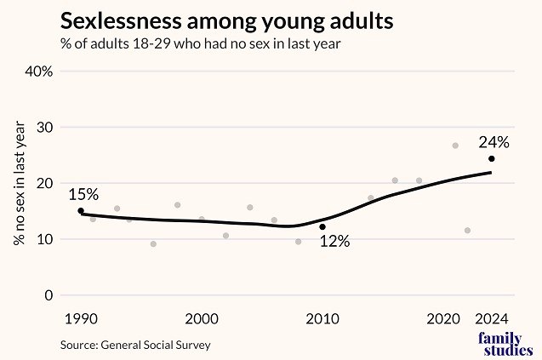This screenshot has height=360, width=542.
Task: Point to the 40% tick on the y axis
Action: pos(39,71)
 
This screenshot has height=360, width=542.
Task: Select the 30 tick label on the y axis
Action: pos(43,128)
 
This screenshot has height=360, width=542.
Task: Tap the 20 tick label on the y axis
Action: pos(43,184)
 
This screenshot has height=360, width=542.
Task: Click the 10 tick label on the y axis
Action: pos(43,239)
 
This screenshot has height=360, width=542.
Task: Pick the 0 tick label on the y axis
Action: pos(48,295)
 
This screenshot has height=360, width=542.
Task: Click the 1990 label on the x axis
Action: pos(81,319)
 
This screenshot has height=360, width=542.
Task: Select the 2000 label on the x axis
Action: pos(202,319)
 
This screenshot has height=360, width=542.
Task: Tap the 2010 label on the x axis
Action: pos(322,319)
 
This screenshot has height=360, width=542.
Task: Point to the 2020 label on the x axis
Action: pos(443,319)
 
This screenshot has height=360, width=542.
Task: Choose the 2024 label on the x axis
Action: pos(492,319)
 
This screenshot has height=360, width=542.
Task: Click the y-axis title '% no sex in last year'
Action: pos(19,183)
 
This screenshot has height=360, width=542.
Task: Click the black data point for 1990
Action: pos(81,211)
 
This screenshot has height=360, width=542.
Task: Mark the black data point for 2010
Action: pos(322,227)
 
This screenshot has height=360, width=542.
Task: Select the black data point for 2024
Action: pos(492,159)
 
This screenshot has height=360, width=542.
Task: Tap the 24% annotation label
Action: pos(493,142)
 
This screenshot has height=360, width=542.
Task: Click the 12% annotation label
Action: pos(334,242)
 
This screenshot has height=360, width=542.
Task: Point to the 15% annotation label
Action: pos(83,194)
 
